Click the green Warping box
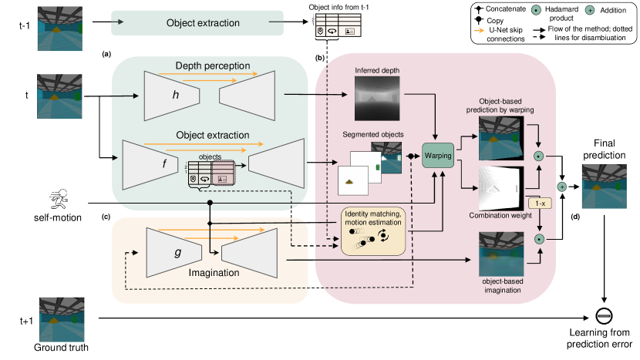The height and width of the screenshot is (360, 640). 438,155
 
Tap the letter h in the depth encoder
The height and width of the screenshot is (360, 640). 176,95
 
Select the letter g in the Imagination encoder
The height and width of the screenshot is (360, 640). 178,252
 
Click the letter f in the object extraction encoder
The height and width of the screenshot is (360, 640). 164,163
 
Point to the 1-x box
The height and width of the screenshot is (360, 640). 540,204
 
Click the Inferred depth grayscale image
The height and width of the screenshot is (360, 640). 377,99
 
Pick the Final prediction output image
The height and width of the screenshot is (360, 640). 604,187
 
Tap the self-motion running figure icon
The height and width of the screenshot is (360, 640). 59,200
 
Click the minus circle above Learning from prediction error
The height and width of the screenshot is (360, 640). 604,315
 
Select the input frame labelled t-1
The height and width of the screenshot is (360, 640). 60,29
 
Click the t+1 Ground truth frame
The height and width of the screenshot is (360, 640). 62,320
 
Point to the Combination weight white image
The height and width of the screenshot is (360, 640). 501,189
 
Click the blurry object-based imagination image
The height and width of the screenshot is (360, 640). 501,254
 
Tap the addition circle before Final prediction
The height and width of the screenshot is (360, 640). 562,187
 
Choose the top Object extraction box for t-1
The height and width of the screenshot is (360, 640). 197,23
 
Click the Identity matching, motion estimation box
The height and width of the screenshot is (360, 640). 373,231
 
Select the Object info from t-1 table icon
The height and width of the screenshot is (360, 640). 339,25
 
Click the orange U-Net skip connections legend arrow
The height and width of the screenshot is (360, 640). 479,30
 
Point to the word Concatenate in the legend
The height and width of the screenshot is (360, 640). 506,8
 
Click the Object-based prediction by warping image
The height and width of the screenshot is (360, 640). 501,138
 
